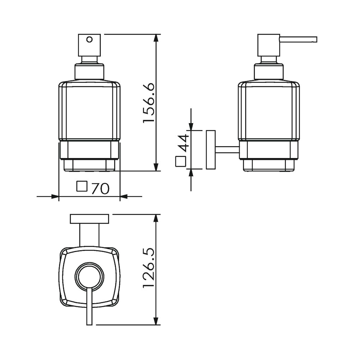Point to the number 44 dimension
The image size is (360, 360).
click(x=184, y=143)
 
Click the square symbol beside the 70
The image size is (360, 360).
click(x=82, y=186)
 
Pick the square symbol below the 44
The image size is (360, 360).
click(x=181, y=161)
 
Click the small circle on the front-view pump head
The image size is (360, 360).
click(x=90, y=40)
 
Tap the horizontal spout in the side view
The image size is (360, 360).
click(x=298, y=40)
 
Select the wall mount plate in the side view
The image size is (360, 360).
click(x=211, y=150)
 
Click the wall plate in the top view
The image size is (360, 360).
click(x=90, y=219)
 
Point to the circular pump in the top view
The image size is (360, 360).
click(x=90, y=276)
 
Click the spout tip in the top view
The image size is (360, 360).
click(x=90, y=325)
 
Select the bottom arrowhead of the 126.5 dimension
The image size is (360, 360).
click(x=156, y=321)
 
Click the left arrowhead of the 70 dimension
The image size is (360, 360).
click(x=55, y=197)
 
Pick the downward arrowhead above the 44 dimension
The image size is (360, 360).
click(x=191, y=126)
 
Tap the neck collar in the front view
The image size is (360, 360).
click(x=90, y=72)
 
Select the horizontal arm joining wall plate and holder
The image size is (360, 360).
click(x=227, y=149)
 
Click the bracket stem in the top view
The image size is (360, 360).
click(x=90, y=235)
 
